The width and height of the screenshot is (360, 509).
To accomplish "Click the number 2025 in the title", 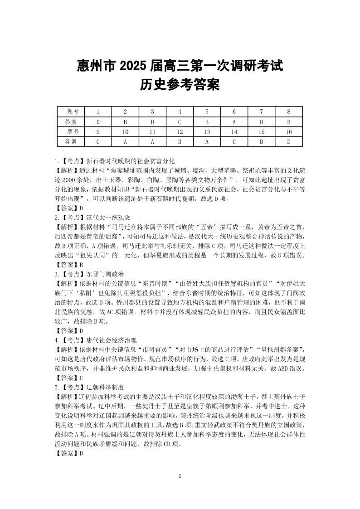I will [x=132, y=66].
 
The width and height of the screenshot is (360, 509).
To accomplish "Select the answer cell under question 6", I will [x=234, y=121].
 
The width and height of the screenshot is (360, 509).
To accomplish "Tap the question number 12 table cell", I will [x=180, y=131].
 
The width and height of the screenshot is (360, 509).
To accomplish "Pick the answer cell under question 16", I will [x=288, y=141].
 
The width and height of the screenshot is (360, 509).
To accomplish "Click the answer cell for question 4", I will [x=180, y=121].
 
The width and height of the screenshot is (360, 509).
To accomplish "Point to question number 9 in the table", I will [x=98, y=131].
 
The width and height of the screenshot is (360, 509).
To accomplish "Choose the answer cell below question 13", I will [x=207, y=141].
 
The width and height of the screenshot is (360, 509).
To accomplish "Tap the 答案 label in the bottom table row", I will [x=71, y=141].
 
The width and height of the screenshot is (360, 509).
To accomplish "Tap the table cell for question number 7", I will [x=261, y=111].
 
